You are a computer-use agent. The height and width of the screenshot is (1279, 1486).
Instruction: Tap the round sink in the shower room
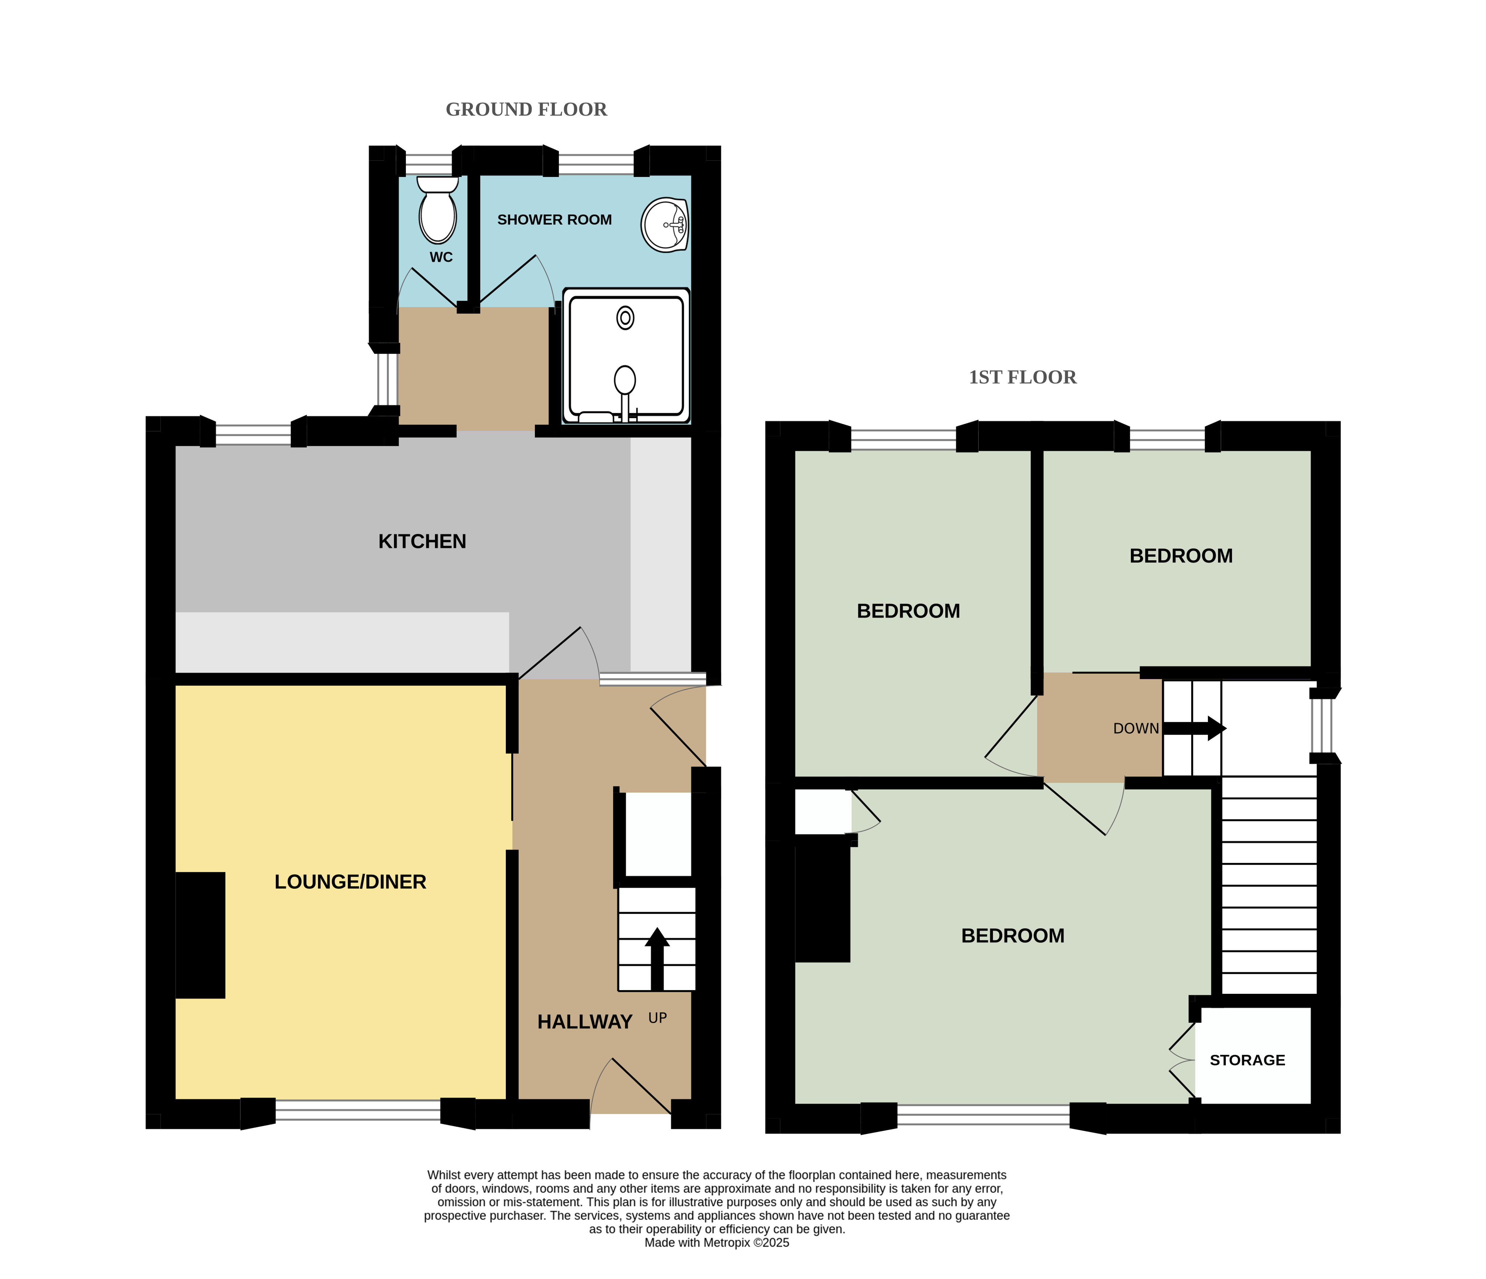665,225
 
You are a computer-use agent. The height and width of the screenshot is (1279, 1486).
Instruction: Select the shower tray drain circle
625,318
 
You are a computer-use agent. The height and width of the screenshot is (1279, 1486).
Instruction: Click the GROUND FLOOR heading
527,110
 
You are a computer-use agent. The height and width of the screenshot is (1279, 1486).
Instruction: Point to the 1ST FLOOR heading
1023,378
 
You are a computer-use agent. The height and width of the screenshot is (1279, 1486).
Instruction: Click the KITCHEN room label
422,541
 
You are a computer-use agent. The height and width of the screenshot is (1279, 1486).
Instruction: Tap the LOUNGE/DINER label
351,882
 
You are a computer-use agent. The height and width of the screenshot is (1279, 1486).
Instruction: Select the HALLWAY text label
585,1022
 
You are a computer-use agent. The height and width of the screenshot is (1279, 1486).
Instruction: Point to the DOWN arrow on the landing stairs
1194,729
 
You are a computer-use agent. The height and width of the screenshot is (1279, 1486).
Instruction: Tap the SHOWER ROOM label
554,220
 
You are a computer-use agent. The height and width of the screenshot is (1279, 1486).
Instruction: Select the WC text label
441,257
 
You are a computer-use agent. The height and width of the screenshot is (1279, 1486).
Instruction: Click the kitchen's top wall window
253,435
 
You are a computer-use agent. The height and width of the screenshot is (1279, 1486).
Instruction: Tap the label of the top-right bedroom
1181,556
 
